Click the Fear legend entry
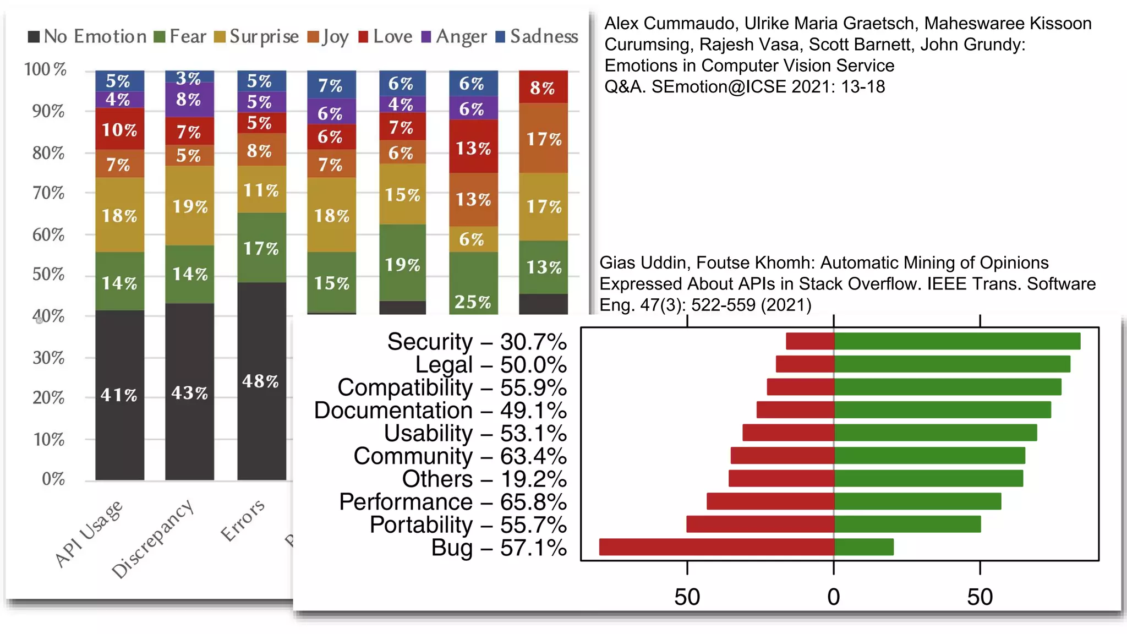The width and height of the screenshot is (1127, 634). (x=180, y=37)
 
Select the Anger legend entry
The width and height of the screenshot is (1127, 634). (x=455, y=37)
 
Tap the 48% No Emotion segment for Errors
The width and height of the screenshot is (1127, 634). (x=261, y=381)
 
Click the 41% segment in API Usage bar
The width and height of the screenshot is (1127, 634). (x=119, y=395)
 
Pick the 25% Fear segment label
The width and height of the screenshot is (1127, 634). (x=473, y=302)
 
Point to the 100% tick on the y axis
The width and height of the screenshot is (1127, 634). (x=45, y=69)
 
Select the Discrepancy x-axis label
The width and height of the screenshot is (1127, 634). (x=152, y=539)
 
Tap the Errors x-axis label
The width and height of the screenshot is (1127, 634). (x=242, y=521)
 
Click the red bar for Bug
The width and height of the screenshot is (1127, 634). (x=716, y=547)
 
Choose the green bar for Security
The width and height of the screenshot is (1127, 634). (x=957, y=341)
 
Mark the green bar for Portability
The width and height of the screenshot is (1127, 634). (x=907, y=524)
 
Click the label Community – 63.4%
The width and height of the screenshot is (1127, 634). (x=459, y=456)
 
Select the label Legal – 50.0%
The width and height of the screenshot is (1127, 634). (x=490, y=365)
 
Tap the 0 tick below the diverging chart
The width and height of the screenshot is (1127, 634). (x=833, y=597)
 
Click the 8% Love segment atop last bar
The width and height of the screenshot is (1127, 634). (x=543, y=87)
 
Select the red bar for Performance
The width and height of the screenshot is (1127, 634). (x=770, y=501)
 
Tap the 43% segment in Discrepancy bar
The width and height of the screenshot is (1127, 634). (x=189, y=392)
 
